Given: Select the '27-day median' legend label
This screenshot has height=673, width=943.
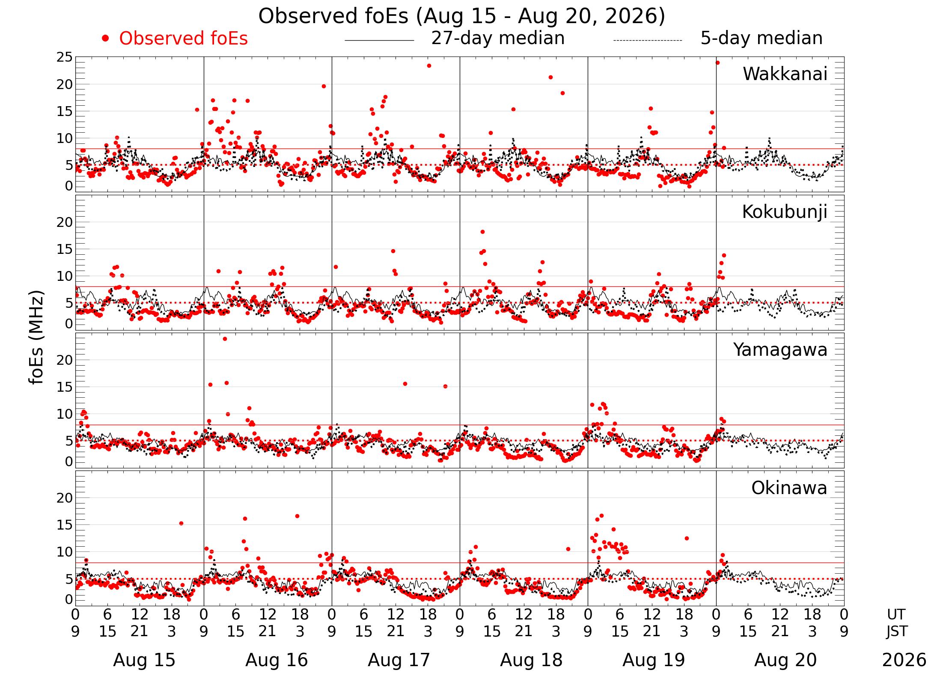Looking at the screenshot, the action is click(x=498, y=39).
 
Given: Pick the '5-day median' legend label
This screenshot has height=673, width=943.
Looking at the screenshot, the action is click(x=762, y=39).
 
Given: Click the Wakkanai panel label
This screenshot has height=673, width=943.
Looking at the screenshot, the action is click(x=785, y=74).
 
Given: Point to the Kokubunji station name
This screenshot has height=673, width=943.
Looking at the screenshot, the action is click(x=785, y=212).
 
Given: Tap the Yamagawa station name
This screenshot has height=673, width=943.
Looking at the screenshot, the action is click(x=780, y=350).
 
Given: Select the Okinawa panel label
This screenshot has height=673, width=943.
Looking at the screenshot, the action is click(x=789, y=488).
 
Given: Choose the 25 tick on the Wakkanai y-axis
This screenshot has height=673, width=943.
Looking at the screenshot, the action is click(x=65, y=57).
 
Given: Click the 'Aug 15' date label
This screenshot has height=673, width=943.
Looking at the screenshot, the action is click(x=144, y=660).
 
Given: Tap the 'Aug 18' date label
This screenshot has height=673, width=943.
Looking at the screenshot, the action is click(x=531, y=660).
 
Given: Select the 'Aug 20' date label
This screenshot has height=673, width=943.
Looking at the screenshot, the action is click(x=785, y=660).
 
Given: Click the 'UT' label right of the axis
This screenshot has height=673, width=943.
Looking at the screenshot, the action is click(x=896, y=615).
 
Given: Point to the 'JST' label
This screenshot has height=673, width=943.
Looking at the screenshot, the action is click(x=897, y=631).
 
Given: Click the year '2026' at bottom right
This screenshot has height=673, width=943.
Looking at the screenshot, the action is click(x=904, y=660).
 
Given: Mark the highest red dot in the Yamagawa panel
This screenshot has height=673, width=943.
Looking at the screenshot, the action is click(x=225, y=339).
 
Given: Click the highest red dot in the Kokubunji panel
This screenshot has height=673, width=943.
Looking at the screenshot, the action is click(x=482, y=232).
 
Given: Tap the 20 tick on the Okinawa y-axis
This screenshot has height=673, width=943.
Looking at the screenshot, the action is click(x=65, y=498).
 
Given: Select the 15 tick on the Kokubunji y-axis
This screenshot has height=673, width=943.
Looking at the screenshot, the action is click(x=65, y=250).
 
